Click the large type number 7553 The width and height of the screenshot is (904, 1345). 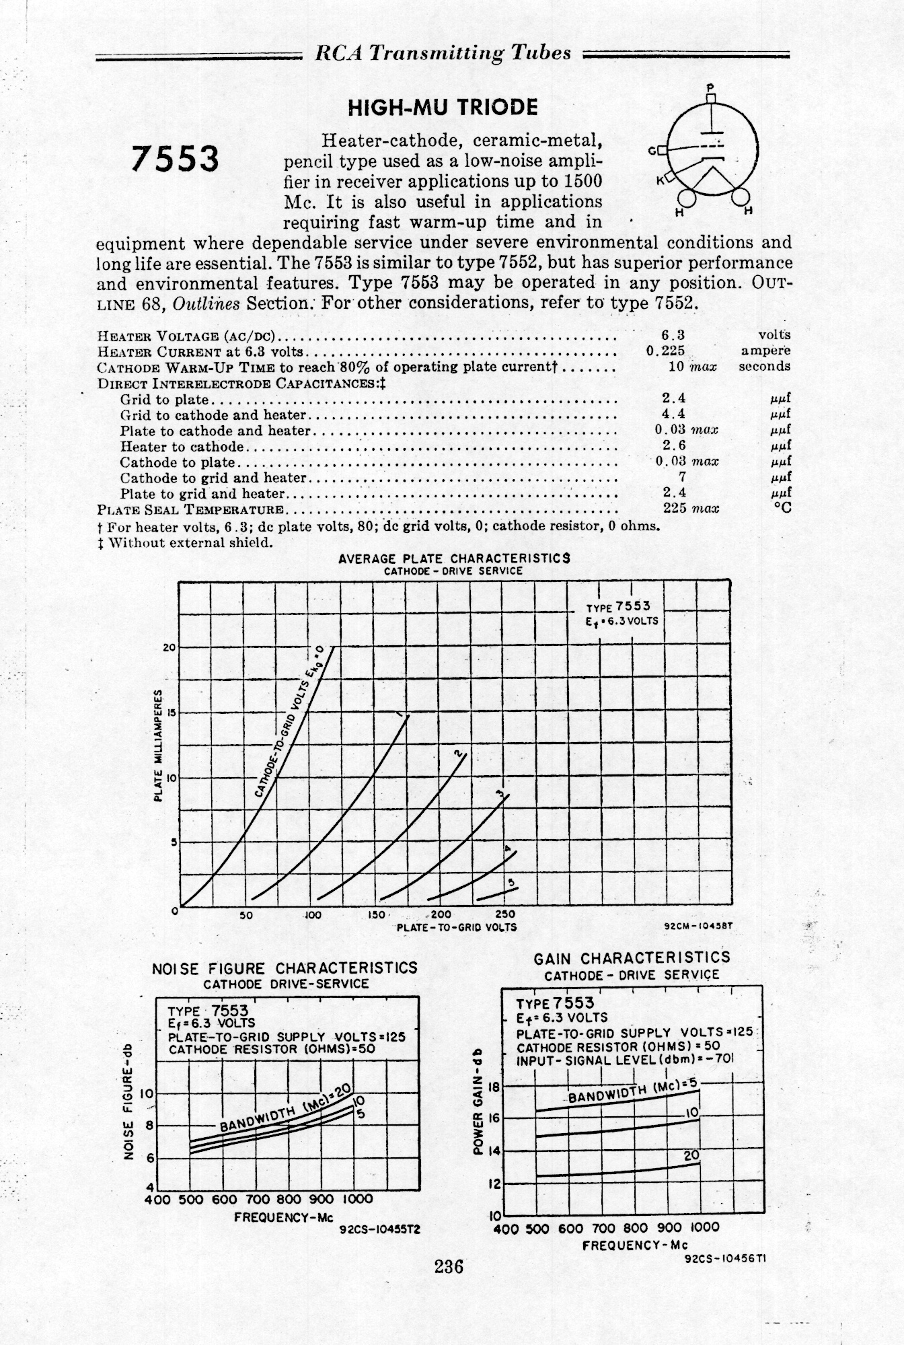pos(176,159)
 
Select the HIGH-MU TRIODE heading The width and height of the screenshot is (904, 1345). pos(442,107)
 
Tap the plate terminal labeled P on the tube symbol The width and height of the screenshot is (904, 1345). pos(710,87)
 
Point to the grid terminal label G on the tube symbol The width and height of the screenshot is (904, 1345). pos(651,151)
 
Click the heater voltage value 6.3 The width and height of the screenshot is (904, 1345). pos(673,334)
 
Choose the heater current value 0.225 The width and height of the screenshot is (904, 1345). pos(665,351)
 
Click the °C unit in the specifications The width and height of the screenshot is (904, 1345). pos(782,509)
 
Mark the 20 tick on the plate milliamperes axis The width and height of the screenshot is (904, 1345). pos(168,648)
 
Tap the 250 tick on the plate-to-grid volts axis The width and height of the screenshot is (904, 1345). pos(504,915)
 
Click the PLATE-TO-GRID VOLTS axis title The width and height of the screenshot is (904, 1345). pos(457,927)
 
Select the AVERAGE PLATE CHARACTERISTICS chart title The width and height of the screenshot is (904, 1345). pos(454,558)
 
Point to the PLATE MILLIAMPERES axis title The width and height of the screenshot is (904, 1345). pos(159,745)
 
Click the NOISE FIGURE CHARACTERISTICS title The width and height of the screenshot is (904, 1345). pos(285,968)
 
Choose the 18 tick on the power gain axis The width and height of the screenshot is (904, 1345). pos(493,1087)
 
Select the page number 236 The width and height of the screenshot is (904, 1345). pos(449,1267)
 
